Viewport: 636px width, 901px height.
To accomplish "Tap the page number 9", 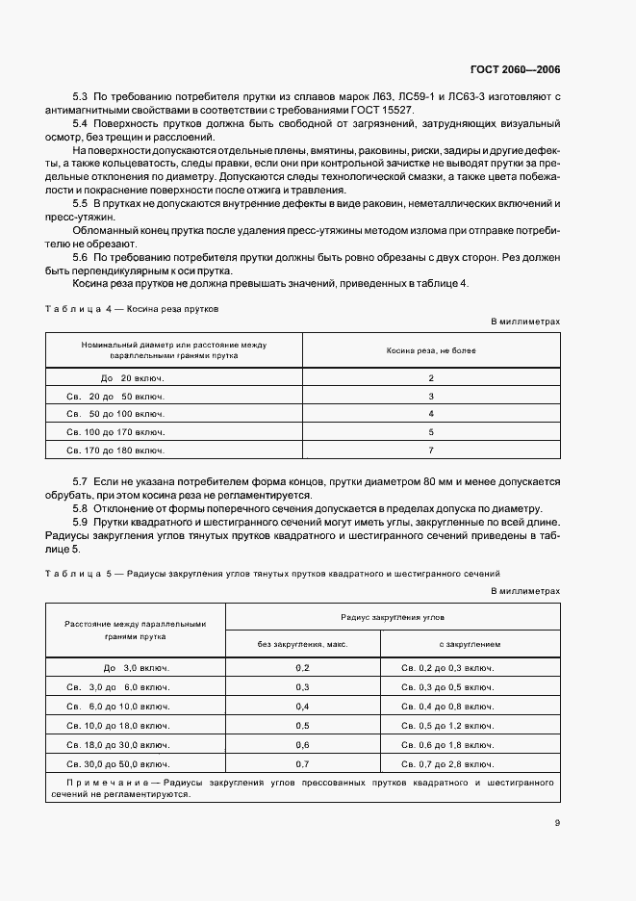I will pyautogui.click(x=557, y=822).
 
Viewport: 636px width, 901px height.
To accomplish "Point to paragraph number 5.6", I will pyautogui.click(x=81, y=258).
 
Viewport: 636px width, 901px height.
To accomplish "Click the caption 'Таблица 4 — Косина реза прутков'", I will pyautogui.click(x=133, y=310).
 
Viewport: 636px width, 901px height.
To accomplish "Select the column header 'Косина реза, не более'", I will pyautogui.click(x=431, y=350).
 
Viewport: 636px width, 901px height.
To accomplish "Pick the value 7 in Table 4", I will pyautogui.click(x=431, y=450).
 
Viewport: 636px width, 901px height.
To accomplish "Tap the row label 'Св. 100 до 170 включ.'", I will pyautogui.click(x=115, y=432).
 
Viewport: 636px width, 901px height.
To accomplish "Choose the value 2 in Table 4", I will pyautogui.click(x=431, y=378).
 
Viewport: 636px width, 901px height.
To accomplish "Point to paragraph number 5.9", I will pyautogui.click(x=81, y=520).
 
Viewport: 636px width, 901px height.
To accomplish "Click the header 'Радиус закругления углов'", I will pyautogui.click(x=392, y=616).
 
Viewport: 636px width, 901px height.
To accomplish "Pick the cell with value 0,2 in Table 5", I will pyautogui.click(x=302, y=667).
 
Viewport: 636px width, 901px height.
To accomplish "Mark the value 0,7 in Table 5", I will pyautogui.click(x=302, y=763).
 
